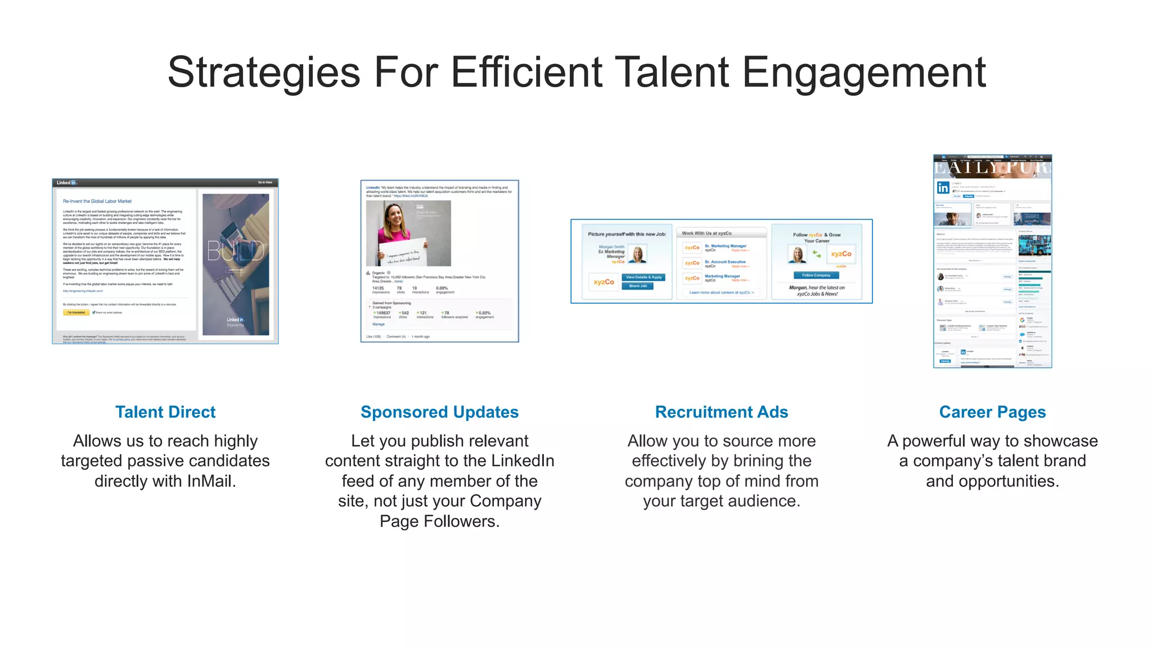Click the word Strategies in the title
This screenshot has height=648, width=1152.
[263, 73]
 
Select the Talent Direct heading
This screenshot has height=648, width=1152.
[165, 412]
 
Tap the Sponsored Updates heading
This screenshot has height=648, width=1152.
[439, 412]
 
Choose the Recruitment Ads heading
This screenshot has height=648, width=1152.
[721, 412]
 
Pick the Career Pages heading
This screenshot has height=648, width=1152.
[992, 412]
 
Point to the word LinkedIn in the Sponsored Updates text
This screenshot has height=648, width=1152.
[523, 461]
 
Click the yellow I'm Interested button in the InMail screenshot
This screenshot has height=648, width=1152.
[76, 312]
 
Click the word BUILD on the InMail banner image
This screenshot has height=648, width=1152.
[236, 251]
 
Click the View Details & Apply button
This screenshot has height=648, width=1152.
[644, 277]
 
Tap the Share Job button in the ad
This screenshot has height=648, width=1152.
[637, 286]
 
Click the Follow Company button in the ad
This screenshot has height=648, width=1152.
[816, 275]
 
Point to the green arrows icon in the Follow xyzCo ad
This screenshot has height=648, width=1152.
[817, 255]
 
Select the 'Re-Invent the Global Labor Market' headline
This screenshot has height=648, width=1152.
[97, 201]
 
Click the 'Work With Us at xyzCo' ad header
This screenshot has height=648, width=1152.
[706, 233]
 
